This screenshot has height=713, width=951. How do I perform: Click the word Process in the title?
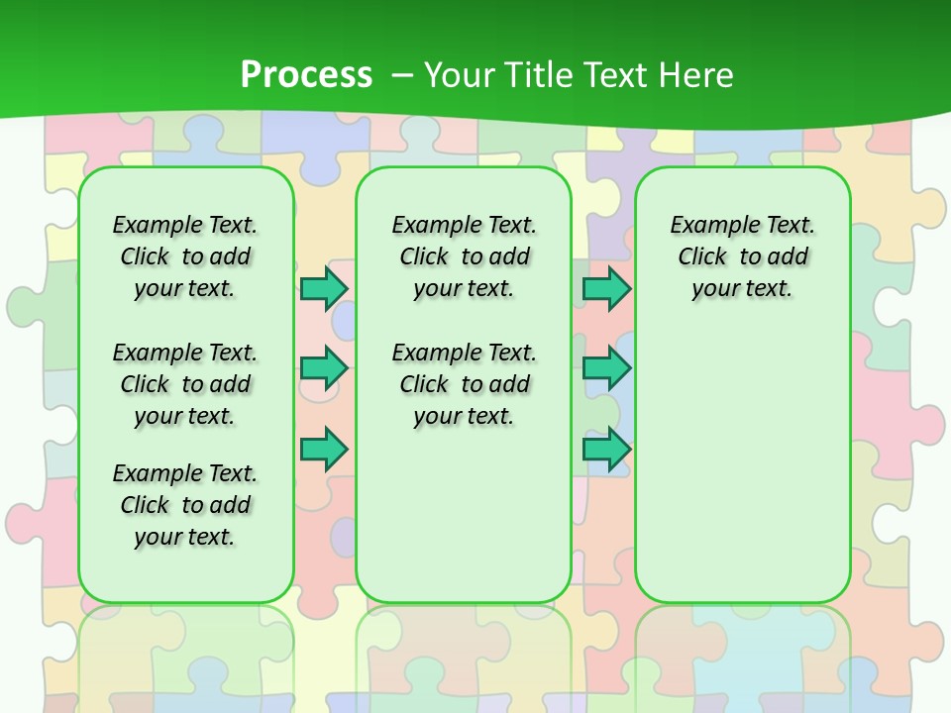click(306, 74)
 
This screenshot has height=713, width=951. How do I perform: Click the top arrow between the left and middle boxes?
click(324, 288)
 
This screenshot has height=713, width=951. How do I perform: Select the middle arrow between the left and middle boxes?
click(324, 368)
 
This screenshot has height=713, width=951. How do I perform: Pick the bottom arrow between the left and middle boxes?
click(324, 450)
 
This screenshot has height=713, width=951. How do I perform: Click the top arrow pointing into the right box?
click(606, 288)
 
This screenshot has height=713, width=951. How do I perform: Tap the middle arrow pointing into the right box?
click(606, 368)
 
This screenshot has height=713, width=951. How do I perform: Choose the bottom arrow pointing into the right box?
click(606, 450)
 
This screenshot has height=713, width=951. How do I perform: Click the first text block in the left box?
click(185, 256)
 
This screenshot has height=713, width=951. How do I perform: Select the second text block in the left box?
click(185, 384)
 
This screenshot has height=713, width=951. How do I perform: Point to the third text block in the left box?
click(185, 505)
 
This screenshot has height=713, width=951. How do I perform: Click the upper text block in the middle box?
click(465, 256)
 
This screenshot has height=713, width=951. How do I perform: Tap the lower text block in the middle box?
click(465, 384)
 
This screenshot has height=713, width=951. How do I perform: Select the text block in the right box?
click(743, 256)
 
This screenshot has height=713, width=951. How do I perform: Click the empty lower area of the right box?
click(743, 465)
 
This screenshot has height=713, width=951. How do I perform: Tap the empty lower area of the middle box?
click(465, 515)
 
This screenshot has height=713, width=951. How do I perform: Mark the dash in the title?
click(402, 74)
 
